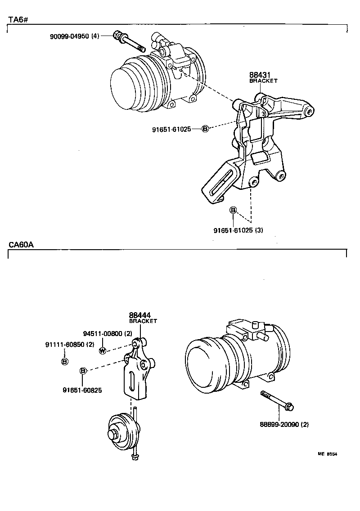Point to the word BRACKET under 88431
pyautogui.click(x=263, y=81)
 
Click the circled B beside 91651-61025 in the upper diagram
pyautogui.click(x=205, y=129)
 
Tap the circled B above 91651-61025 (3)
pyautogui.click(x=233, y=210)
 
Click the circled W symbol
pyautogui.click(x=103, y=351)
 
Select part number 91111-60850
pyautogui.click(x=70, y=345)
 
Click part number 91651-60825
pyautogui.click(x=82, y=390)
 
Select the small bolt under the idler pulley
pyautogui.click(x=134, y=457)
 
